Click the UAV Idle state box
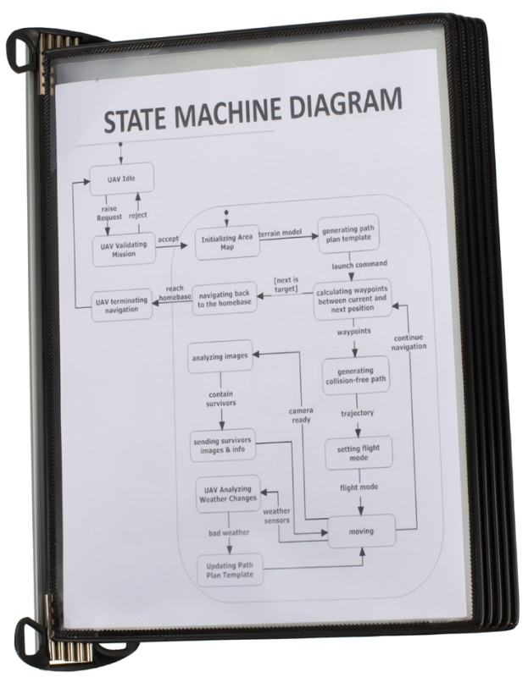[x=121, y=179]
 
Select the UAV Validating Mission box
[x=124, y=249]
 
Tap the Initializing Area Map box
[x=227, y=242]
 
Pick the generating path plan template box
[x=348, y=234]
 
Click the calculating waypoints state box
[x=353, y=299]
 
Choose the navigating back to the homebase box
[x=225, y=299]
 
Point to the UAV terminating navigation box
[x=121, y=305]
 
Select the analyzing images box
[x=220, y=356]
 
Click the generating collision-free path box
[x=355, y=376]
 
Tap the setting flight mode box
[x=358, y=453]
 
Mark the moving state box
[x=362, y=531]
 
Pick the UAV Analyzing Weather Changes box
[x=228, y=494]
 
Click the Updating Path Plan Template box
[x=230, y=570]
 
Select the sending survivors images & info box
[x=223, y=445]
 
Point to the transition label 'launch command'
[x=359, y=264]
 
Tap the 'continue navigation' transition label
[x=409, y=342]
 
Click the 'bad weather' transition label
[x=229, y=533]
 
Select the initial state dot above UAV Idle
[x=120, y=143]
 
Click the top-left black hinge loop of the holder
[x=18, y=49]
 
